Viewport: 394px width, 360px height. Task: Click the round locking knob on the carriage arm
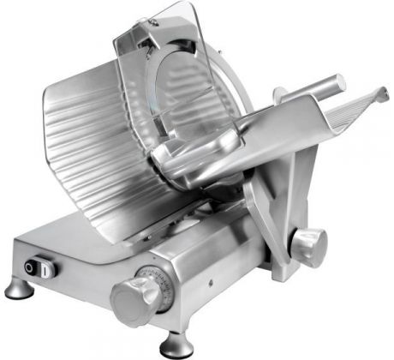pyautogui.click(x=309, y=246)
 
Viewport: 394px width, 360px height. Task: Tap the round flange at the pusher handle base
pyautogui.click(x=281, y=95)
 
